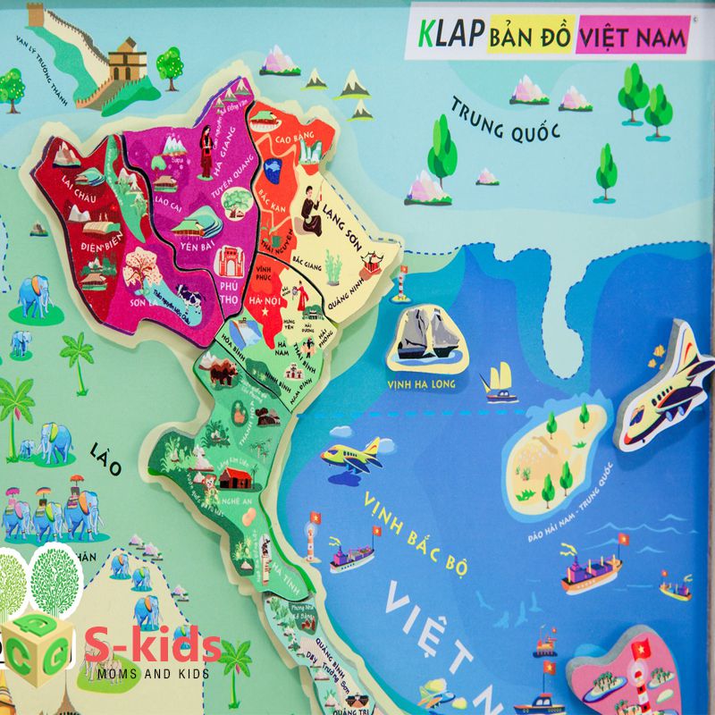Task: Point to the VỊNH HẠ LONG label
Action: click(422, 384)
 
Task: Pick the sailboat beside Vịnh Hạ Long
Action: click(497, 381)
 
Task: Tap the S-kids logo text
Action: click(153, 645)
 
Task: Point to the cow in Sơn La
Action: click(189, 297)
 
